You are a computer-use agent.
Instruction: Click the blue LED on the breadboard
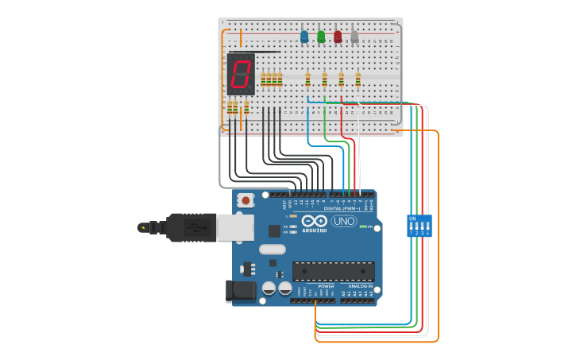tap(304, 37)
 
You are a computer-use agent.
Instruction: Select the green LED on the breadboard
tap(321, 37)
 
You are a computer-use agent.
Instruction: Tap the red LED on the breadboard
tap(338, 37)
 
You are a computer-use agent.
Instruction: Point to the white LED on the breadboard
tap(354, 37)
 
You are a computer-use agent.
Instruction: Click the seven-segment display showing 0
tap(241, 74)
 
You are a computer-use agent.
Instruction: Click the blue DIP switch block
tap(419, 226)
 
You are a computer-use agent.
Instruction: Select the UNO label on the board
tap(344, 221)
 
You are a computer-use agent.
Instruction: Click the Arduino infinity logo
tap(314, 222)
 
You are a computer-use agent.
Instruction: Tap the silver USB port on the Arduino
tap(235, 227)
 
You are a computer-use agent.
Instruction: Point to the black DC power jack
tap(240, 291)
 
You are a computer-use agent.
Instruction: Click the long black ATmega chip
tap(333, 271)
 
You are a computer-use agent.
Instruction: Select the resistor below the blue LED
tap(308, 79)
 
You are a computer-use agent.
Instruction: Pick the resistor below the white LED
tap(358, 79)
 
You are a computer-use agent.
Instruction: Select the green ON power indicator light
tap(363, 226)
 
